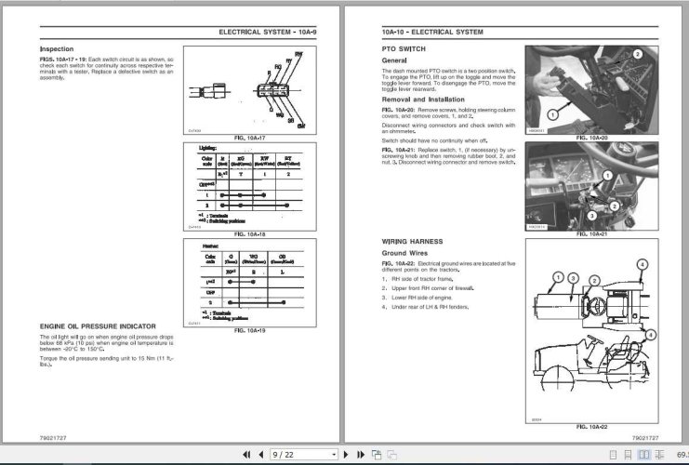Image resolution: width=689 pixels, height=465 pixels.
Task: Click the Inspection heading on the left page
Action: tap(57, 48)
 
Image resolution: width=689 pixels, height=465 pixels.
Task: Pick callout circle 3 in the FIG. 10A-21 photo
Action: tap(590, 215)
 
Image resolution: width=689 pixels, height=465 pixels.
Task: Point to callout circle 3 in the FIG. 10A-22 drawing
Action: tap(574, 278)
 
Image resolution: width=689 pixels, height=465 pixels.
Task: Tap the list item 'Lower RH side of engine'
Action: tap(431, 297)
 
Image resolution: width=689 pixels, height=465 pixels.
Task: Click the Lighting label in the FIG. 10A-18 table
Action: tap(209, 147)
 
